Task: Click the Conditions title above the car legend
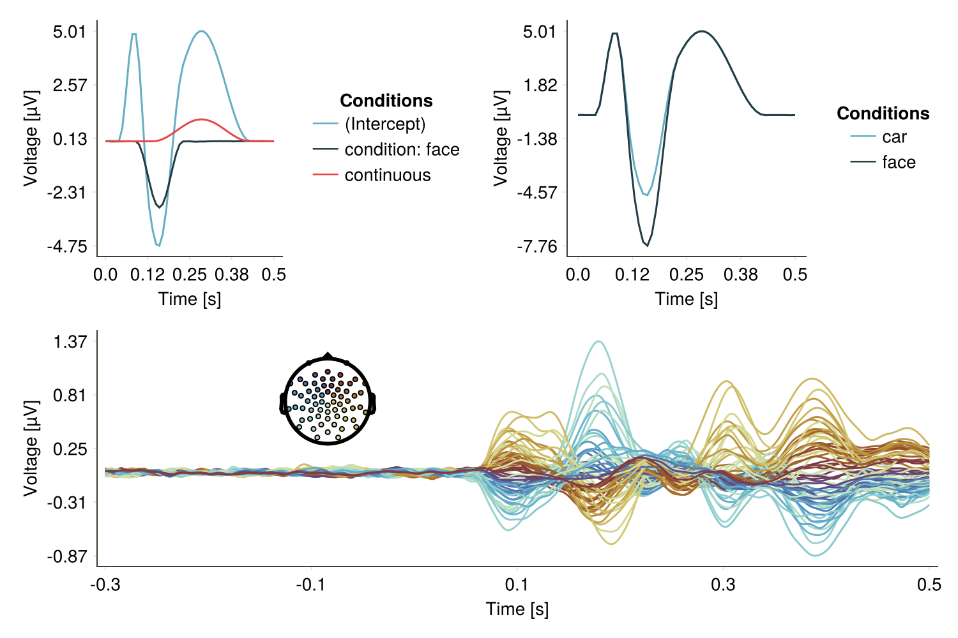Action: coord(883,114)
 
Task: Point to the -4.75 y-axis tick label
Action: coord(67,246)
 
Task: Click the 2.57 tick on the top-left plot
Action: coord(70,85)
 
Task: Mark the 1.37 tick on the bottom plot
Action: coord(70,341)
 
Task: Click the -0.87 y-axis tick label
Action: coord(67,556)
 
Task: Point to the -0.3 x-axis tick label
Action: coord(105,584)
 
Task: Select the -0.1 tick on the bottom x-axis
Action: coord(311,584)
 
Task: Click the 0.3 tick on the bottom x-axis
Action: coord(723,584)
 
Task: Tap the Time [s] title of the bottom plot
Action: coord(517,609)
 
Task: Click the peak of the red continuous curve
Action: coord(202,119)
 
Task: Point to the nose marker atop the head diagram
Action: coord(328,355)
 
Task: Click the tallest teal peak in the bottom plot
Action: coord(598,341)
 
